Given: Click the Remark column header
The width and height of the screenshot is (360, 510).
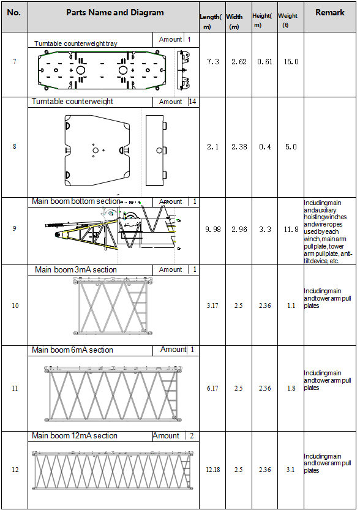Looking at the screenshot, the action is click(x=330, y=13).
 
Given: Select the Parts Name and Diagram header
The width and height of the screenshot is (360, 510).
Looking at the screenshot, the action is click(x=115, y=13).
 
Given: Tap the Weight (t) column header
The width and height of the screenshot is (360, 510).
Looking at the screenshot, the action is click(x=288, y=20).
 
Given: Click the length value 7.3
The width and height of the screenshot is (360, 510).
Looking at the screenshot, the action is click(x=212, y=62).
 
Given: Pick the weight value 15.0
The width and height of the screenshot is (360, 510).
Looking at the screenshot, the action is click(x=291, y=62).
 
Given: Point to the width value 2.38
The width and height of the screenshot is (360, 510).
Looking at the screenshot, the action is click(x=239, y=147).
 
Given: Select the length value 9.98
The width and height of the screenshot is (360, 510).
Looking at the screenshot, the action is click(x=212, y=230).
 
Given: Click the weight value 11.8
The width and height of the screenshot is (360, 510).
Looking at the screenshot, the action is click(x=291, y=230).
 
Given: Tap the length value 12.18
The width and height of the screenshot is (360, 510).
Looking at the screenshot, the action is click(x=212, y=470).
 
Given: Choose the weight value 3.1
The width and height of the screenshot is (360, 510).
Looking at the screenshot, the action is click(x=290, y=470).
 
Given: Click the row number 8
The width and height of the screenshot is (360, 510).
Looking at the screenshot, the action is click(x=14, y=146).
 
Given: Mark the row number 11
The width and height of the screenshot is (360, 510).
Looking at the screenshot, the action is click(x=15, y=388).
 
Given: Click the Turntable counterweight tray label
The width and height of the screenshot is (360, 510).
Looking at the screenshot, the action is click(x=76, y=43).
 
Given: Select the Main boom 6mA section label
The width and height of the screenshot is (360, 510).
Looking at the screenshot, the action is click(x=72, y=350).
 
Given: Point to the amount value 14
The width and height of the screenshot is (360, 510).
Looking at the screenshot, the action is click(x=192, y=102).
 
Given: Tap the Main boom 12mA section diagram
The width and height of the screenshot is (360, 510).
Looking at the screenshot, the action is click(x=113, y=470).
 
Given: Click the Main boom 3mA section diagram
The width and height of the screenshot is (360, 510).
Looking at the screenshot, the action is click(x=113, y=306).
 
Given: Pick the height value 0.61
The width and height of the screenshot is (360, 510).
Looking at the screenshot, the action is click(x=264, y=62).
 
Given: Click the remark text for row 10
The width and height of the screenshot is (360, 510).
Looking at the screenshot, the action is click(x=328, y=298).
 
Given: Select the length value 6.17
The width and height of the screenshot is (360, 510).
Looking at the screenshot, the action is click(x=212, y=388).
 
